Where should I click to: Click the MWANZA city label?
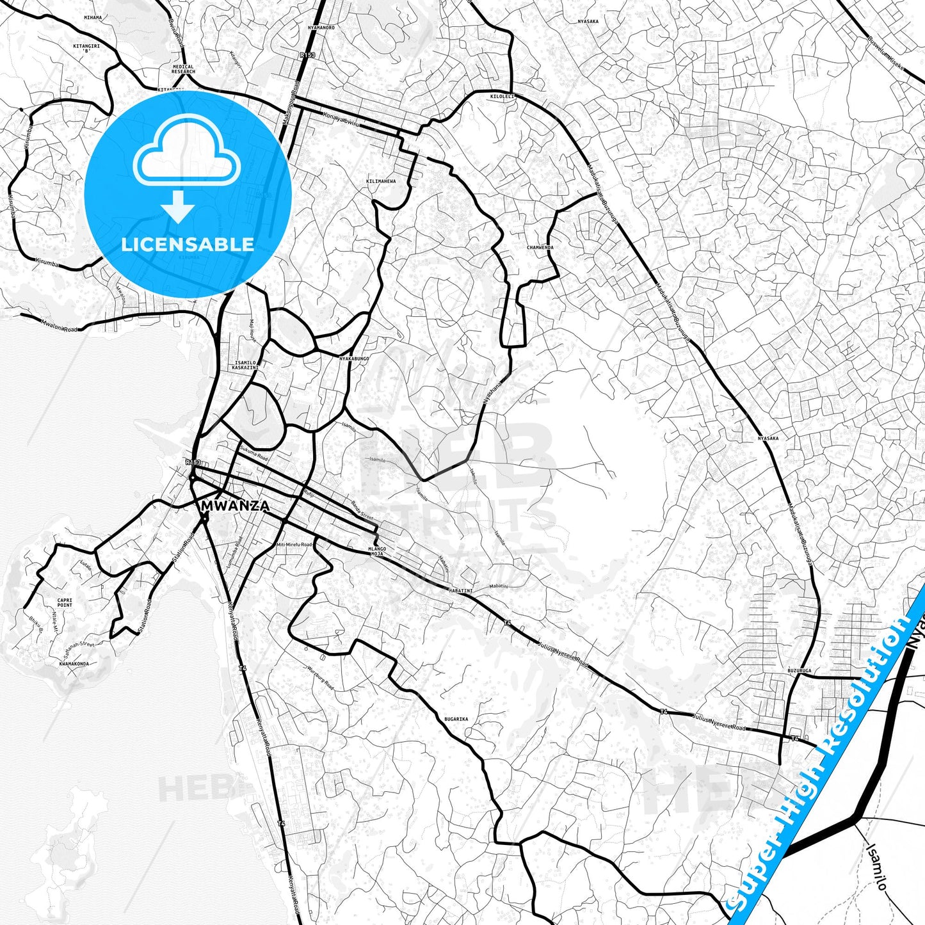click(x=235, y=506)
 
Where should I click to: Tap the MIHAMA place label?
click(x=93, y=18)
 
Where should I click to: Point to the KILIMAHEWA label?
click(x=381, y=181)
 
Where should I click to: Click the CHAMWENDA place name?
click(x=540, y=247)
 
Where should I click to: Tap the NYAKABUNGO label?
click(x=354, y=358)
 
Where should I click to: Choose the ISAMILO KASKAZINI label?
click(x=245, y=366)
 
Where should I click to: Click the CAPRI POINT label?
click(x=65, y=602)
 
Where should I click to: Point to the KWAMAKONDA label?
click(x=74, y=664)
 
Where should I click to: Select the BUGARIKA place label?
click(x=456, y=719)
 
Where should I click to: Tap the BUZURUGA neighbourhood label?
click(x=800, y=670)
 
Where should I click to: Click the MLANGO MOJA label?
click(x=377, y=551)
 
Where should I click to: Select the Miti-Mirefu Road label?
click(x=294, y=544)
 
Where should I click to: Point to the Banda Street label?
click(x=362, y=510)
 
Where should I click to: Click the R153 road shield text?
click(x=193, y=462)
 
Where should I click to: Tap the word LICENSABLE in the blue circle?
click(x=188, y=245)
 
